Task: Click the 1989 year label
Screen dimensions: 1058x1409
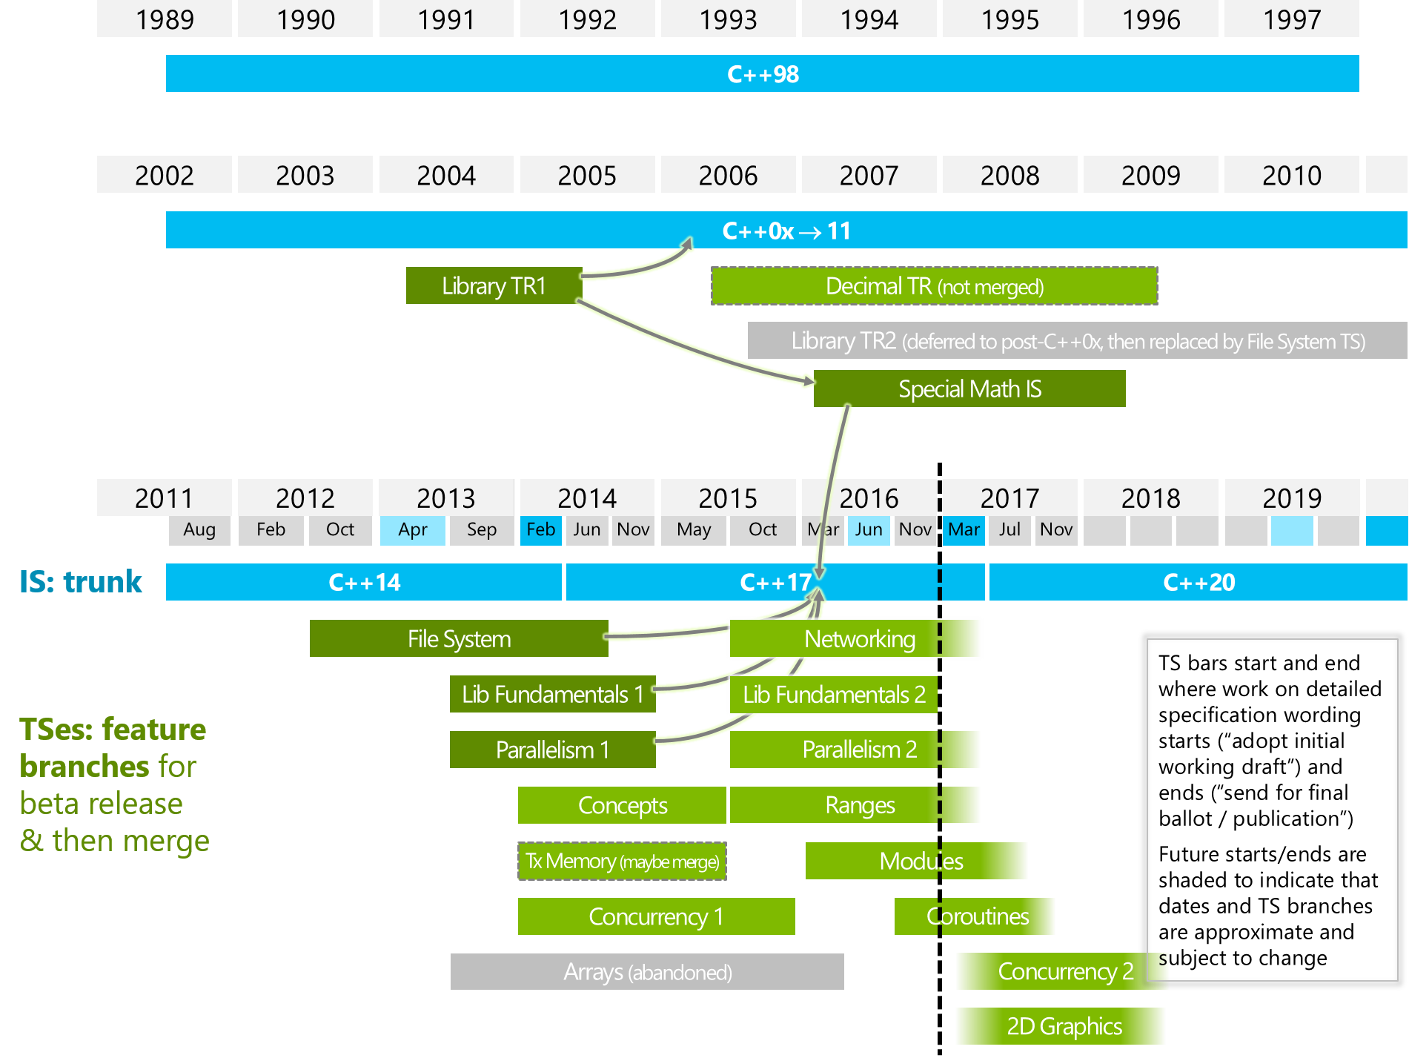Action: pyautogui.click(x=165, y=19)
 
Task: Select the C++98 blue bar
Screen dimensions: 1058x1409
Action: pyautogui.click(x=762, y=74)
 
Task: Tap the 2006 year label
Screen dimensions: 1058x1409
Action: pyautogui.click(x=728, y=176)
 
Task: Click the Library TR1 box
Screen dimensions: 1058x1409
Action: pyautogui.click(x=494, y=286)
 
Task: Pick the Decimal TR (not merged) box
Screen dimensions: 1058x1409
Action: pyautogui.click(x=934, y=286)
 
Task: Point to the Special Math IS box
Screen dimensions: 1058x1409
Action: pyautogui.click(x=969, y=389)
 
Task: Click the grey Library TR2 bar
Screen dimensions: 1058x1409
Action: pyautogui.click(x=1077, y=341)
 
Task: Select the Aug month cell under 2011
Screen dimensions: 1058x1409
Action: pyautogui.click(x=199, y=530)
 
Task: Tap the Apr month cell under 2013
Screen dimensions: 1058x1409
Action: pyautogui.click(x=412, y=530)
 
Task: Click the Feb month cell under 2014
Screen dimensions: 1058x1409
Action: pyautogui.click(x=540, y=530)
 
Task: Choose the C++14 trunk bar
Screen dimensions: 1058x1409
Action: pyautogui.click(x=364, y=583)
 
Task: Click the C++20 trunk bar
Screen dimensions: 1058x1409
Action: pyautogui.click(x=1199, y=583)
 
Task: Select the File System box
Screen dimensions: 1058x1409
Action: pyautogui.click(x=459, y=639)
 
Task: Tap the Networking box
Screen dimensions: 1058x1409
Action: pyautogui.click(x=859, y=639)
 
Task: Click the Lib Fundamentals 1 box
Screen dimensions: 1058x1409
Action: pyautogui.click(x=552, y=695)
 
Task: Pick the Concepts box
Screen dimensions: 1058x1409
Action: pyautogui.click(x=622, y=806)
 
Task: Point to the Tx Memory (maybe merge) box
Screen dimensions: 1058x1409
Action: pyautogui.click(x=622, y=862)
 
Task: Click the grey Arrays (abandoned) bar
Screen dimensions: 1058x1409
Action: pyautogui.click(x=647, y=972)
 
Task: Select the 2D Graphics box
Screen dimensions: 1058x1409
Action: pyautogui.click(x=1064, y=1027)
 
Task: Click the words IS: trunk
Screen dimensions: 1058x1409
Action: pyautogui.click(x=81, y=583)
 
